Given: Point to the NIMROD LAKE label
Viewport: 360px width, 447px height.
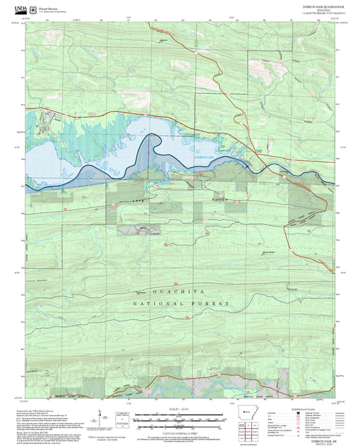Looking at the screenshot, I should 203,157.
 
